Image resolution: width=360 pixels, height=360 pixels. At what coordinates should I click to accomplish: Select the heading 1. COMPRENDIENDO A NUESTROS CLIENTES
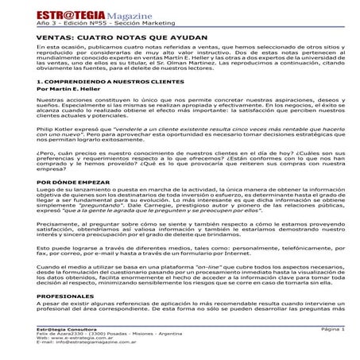[99, 82]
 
